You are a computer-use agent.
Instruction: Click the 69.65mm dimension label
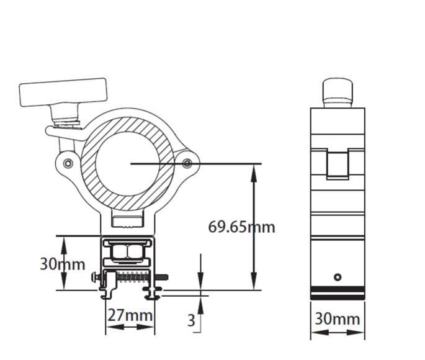241,227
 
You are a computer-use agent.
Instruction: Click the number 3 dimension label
192,320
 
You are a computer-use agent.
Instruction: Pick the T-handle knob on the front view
63,93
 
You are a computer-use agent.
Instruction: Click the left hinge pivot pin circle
68,163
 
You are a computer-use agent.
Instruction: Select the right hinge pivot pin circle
187,163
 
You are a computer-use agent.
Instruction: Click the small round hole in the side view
338,277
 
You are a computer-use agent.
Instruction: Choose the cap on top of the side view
338,92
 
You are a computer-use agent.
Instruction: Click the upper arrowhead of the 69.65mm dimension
253,170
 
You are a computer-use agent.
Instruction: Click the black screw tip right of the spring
166,277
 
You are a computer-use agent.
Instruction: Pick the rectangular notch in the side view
338,164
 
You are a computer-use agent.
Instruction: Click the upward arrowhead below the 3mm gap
200,302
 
